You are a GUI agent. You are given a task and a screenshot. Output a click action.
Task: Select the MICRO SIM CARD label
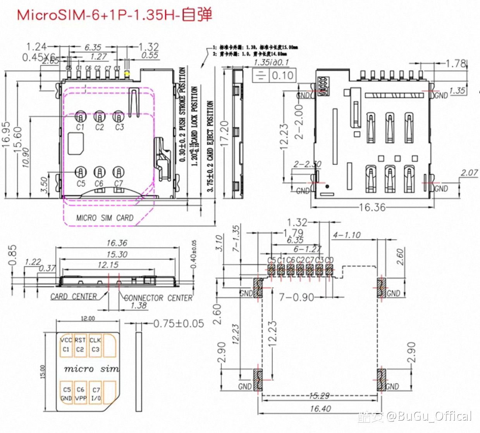tap(105, 218)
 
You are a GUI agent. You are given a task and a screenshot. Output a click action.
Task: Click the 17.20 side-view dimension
tap(224, 133)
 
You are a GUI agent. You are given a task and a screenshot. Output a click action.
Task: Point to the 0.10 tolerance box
tap(282, 75)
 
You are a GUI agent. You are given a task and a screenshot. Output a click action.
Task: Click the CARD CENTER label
tap(74, 296)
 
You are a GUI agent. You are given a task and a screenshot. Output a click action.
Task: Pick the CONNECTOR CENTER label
tap(158, 298)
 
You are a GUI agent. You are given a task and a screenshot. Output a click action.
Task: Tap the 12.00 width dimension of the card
tap(88, 318)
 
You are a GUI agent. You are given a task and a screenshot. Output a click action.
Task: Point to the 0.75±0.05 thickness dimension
tap(179, 323)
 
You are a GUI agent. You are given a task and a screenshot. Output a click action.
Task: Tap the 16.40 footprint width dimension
tap(320, 409)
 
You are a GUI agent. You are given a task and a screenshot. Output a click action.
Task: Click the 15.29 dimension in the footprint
tap(320, 395)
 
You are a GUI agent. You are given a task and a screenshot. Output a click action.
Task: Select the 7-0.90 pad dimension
tap(296, 297)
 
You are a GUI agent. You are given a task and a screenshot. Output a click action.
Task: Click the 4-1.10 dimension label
tap(346, 235)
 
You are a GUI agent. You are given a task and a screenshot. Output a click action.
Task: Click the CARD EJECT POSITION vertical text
tap(210, 146)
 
